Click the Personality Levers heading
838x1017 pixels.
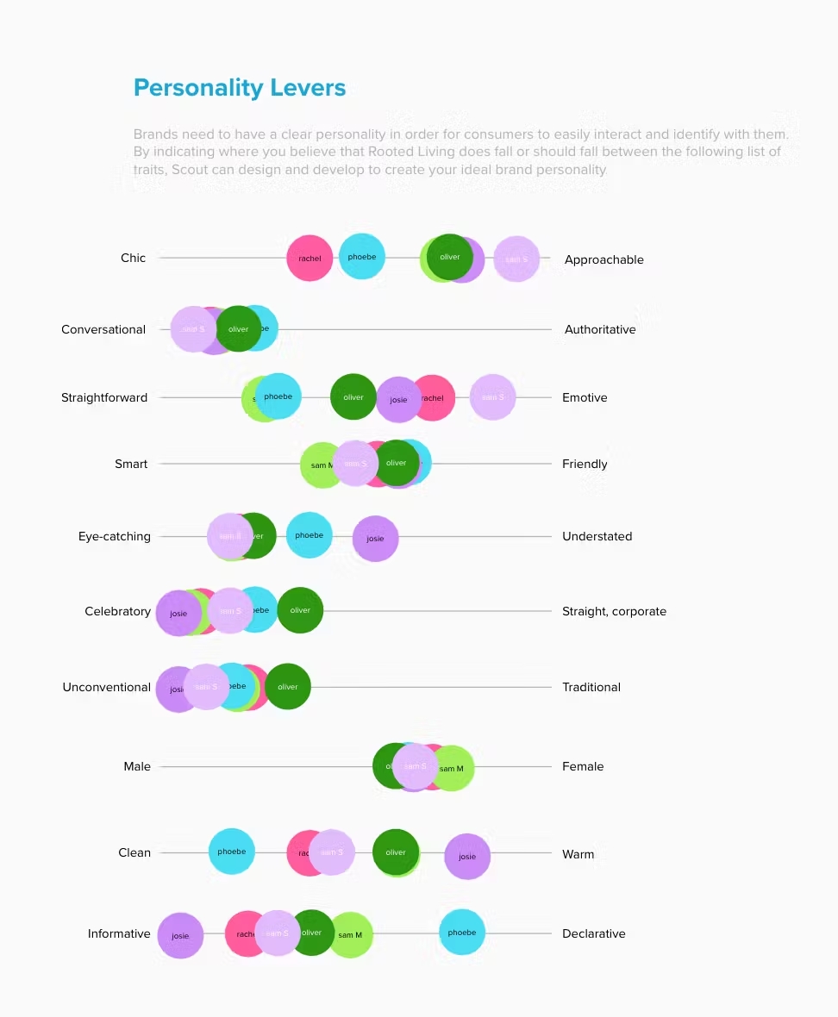[240, 88]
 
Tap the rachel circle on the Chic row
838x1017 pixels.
[310, 258]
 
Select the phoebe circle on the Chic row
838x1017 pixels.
[362, 256]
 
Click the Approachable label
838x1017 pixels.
[603, 259]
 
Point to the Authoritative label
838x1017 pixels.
[600, 329]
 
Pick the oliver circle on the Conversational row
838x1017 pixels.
[239, 328]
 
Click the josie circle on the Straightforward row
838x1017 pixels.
[398, 400]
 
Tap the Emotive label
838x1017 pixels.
[585, 397]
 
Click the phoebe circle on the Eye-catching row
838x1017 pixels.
[309, 535]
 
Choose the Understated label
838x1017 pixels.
[597, 536]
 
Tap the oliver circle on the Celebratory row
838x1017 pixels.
[300, 610]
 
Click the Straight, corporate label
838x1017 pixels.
[614, 611]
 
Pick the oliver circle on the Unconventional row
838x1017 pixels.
[288, 686]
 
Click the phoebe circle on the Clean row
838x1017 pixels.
[231, 852]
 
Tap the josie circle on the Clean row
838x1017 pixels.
[467, 857]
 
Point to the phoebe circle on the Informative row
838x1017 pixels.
[462, 932]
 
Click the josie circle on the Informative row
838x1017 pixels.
[180, 936]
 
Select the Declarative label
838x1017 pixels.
[593, 933]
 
